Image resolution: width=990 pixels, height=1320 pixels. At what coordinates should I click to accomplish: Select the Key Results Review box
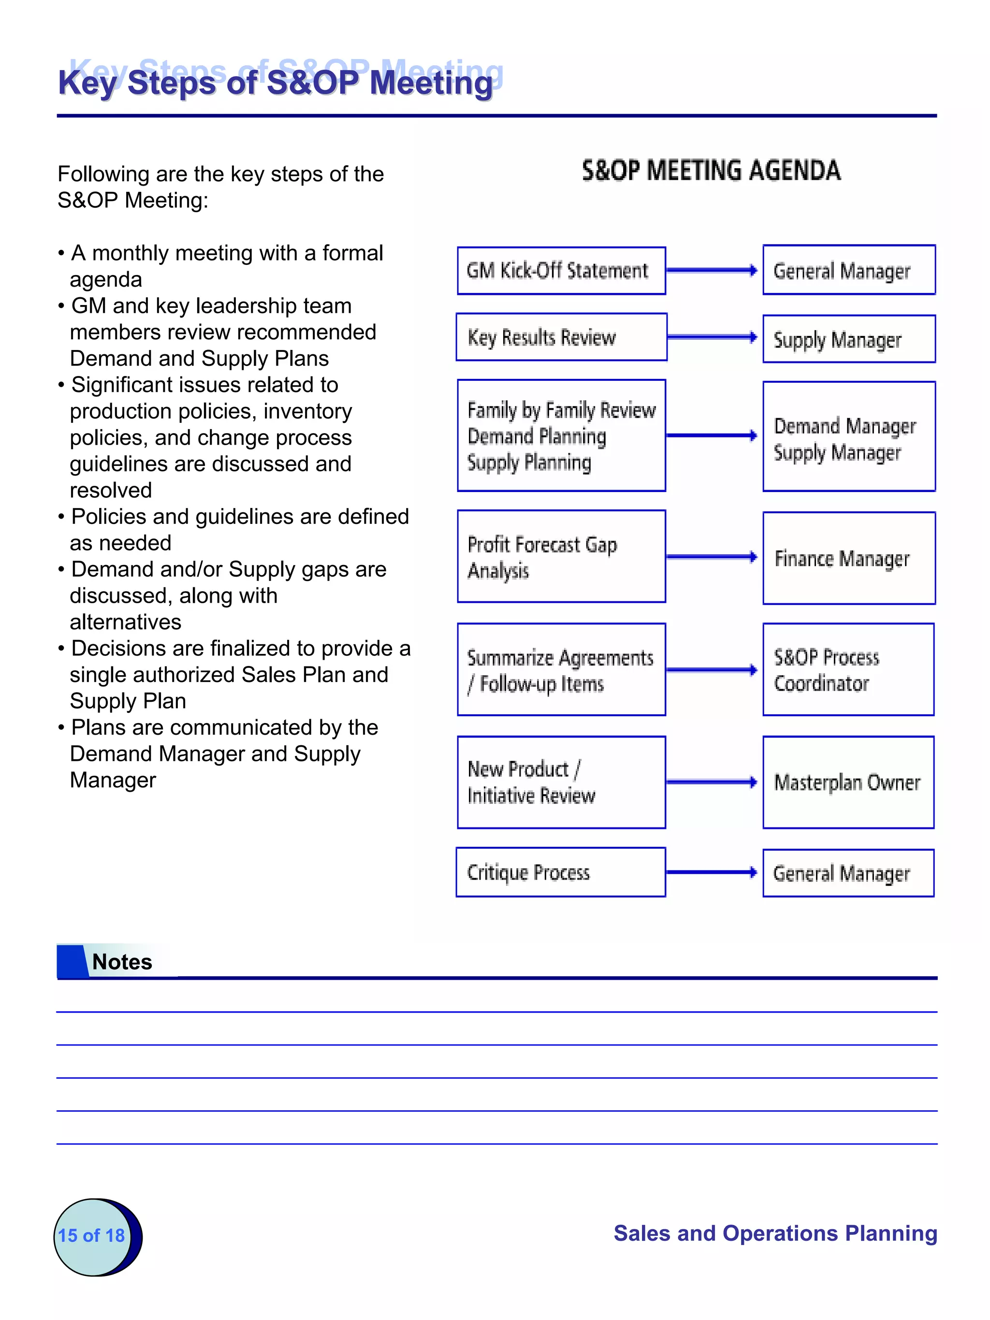click(561, 337)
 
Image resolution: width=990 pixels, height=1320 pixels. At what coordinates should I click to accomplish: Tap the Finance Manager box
click(848, 558)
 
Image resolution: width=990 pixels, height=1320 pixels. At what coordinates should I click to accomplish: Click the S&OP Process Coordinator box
click(848, 669)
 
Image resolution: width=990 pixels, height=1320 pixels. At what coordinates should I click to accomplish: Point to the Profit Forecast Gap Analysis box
click(561, 556)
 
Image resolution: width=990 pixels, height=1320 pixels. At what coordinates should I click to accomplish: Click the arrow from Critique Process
click(711, 872)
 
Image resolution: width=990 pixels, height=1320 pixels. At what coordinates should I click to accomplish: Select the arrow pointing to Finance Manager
click(711, 557)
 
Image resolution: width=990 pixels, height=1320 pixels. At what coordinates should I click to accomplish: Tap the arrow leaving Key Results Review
click(711, 337)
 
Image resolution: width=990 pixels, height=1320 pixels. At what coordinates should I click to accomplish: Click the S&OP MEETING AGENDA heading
click(711, 171)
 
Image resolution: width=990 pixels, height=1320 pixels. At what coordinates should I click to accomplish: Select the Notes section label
click(122, 962)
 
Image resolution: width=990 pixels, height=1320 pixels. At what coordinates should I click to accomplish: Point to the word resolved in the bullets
click(111, 490)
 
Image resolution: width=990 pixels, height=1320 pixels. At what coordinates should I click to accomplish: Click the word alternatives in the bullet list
click(125, 622)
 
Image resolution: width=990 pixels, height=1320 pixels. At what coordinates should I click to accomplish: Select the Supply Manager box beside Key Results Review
click(848, 339)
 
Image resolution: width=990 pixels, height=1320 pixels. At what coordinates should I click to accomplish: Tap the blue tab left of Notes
click(72, 961)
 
